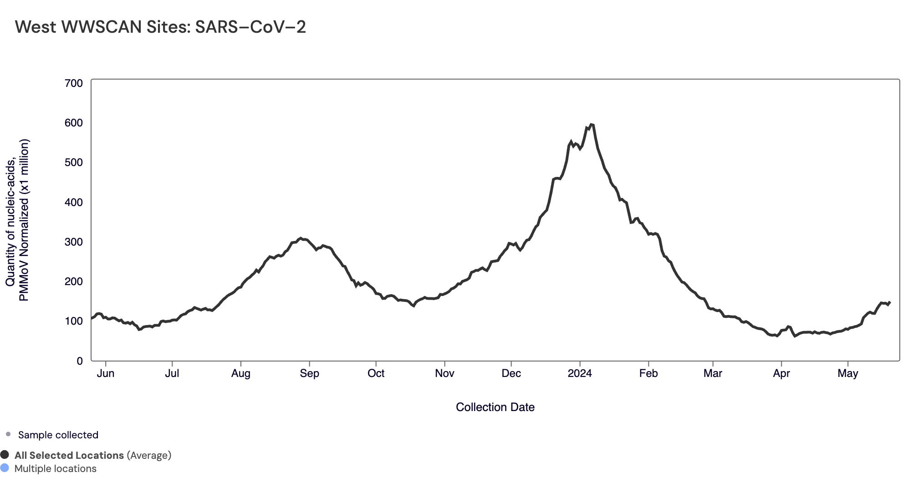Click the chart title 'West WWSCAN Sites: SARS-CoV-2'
click(160, 27)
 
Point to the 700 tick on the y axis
click(74, 83)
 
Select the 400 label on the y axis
click(74, 202)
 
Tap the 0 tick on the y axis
click(80, 361)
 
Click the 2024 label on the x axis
click(580, 374)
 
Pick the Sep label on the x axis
click(309, 374)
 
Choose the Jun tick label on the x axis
click(106, 374)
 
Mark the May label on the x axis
click(848, 374)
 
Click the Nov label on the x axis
click(444, 374)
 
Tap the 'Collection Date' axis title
click(495, 407)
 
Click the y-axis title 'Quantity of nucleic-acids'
click(11, 220)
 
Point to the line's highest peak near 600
click(591, 124)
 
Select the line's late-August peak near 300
click(300, 238)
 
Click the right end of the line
click(889, 302)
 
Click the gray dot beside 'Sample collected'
click(8, 435)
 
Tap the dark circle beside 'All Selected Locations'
click(5, 455)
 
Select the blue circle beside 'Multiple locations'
click(5, 468)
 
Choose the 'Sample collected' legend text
click(58, 435)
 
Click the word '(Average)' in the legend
click(149, 456)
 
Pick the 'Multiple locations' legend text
click(56, 469)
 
